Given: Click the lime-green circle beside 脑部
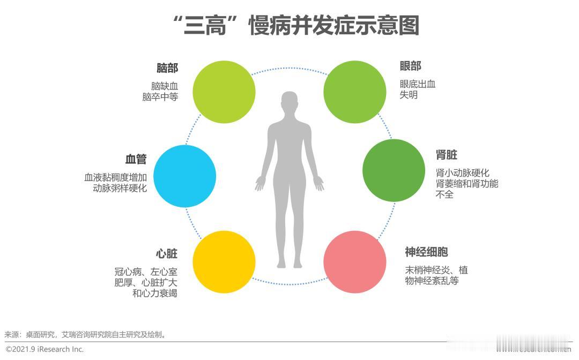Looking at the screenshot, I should [224, 91].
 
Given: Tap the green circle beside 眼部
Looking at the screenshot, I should [355, 91].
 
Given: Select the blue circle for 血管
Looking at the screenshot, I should [185, 176].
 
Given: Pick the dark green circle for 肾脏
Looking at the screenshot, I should [394, 170].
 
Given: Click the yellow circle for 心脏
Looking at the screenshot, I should [224, 262].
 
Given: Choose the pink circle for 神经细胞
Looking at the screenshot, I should [355, 262].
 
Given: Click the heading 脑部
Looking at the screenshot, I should [167, 68].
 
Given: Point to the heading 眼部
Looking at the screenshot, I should [411, 66].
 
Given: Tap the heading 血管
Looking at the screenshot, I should [136, 160].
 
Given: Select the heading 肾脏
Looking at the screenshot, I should [447, 155].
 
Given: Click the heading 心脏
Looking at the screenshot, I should [166, 253].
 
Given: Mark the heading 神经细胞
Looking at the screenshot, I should [426, 252].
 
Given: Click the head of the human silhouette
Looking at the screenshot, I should [289, 102].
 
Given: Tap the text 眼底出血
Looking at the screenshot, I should [418, 84].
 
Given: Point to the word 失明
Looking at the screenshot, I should [409, 95].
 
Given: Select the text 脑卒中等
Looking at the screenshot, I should [160, 97].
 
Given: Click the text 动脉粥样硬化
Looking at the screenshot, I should [120, 189].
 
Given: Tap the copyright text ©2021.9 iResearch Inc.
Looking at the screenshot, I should [45, 349].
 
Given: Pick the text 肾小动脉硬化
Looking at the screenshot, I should [463, 173].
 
